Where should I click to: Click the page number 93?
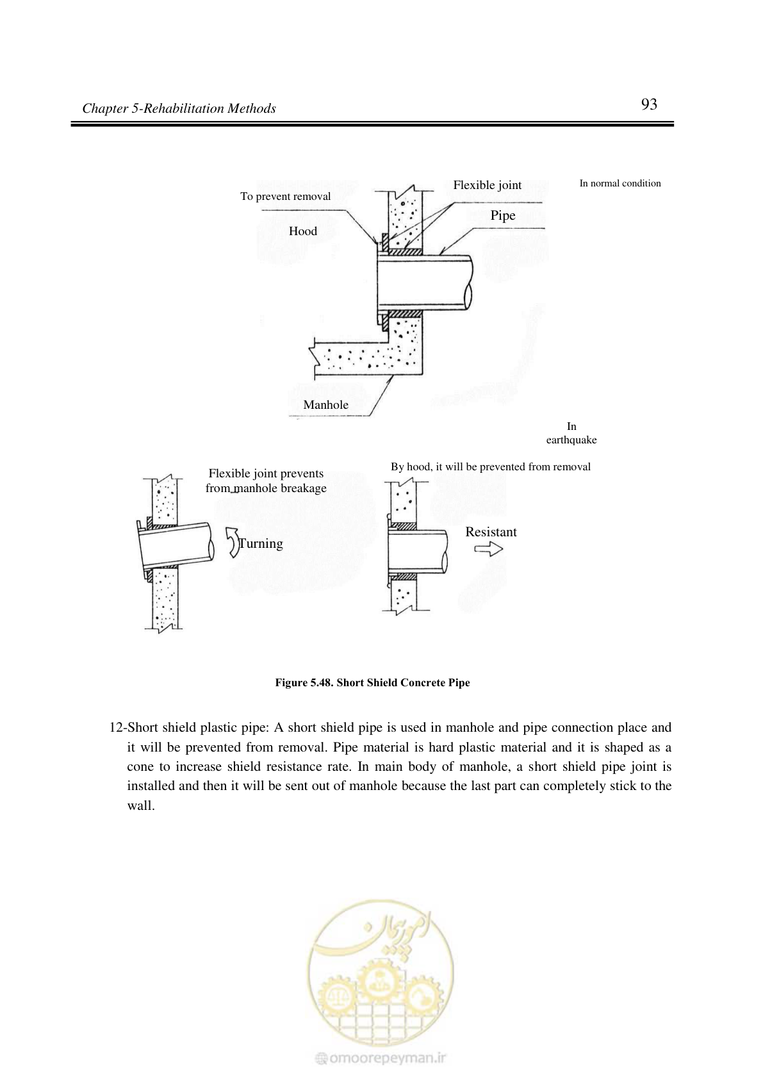(x=649, y=104)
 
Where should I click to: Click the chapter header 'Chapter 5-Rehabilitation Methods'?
(x=179, y=108)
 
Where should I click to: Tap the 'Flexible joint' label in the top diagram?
(x=487, y=185)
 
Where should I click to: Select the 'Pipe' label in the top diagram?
(x=502, y=215)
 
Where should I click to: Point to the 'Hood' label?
(x=302, y=231)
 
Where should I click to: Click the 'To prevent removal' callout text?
(x=285, y=197)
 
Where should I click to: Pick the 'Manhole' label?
(x=325, y=405)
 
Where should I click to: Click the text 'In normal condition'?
(x=620, y=183)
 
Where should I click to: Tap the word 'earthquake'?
(x=571, y=440)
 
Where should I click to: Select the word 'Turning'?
(x=261, y=543)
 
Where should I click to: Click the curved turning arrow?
(x=233, y=543)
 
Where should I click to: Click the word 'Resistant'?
(x=491, y=532)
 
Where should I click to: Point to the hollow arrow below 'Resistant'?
(x=488, y=549)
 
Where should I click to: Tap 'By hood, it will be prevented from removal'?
(x=490, y=466)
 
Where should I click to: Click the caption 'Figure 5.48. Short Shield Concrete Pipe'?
(x=372, y=682)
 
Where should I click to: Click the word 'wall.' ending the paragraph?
(x=141, y=805)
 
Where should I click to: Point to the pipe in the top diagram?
(x=424, y=283)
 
